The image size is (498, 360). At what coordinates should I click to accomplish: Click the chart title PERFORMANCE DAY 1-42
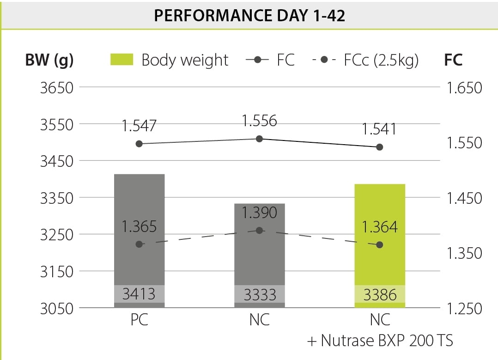click(x=249, y=15)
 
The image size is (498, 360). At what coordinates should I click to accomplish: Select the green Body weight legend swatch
click(x=122, y=60)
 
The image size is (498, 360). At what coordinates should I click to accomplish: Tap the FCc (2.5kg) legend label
click(x=381, y=60)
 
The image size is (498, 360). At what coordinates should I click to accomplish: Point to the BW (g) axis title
click(x=49, y=61)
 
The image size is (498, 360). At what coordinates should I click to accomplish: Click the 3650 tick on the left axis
click(x=57, y=87)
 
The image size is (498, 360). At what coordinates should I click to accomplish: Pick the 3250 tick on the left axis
click(x=57, y=234)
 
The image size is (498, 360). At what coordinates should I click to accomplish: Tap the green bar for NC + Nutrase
click(x=380, y=231)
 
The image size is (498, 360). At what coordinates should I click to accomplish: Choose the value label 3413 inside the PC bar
click(x=139, y=294)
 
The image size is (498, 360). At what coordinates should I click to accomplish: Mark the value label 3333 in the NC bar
click(x=260, y=294)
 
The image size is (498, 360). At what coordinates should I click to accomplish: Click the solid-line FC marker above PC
click(x=139, y=144)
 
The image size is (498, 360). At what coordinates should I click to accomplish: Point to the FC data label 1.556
click(x=260, y=121)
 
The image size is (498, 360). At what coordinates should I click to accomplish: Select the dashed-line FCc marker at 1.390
click(x=260, y=230)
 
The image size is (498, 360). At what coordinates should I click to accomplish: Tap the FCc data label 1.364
click(x=380, y=227)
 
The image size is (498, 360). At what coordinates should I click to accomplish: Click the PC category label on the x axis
click(x=139, y=320)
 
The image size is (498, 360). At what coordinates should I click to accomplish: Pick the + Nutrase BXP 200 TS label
click(x=380, y=341)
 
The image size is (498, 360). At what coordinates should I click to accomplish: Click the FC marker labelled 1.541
click(x=380, y=147)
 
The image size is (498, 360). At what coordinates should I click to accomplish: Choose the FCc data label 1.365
click(x=139, y=227)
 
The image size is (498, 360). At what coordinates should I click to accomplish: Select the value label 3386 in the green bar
click(x=380, y=294)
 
